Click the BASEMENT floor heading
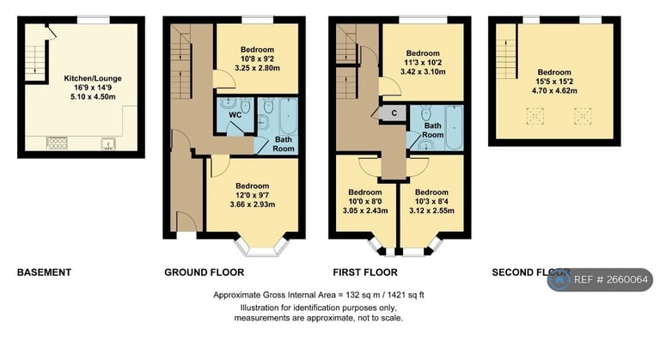[x=44, y=272]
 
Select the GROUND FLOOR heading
[x=204, y=272]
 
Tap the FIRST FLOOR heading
[x=364, y=272]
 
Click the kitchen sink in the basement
[x=110, y=143]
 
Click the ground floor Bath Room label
[x=283, y=144]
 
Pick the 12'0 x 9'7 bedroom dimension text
[x=252, y=195]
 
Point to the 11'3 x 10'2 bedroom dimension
[x=422, y=62]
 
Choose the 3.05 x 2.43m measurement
[x=365, y=211]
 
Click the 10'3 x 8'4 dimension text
[x=431, y=201]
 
